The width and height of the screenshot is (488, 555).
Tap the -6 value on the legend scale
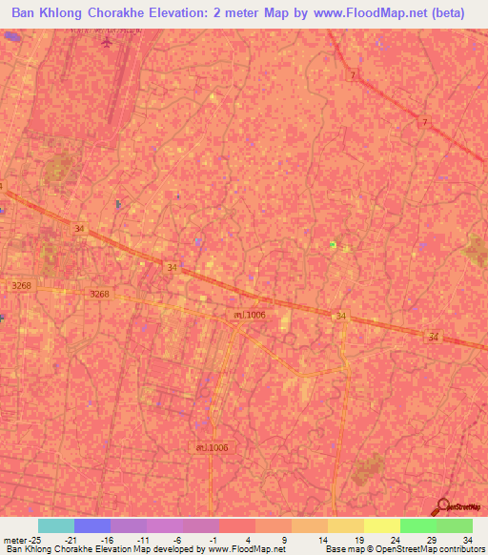pos(178,539)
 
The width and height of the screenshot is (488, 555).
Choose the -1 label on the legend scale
pos(214,539)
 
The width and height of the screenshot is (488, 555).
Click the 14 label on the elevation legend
pos(322,539)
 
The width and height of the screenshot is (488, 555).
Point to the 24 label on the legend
pos(395,539)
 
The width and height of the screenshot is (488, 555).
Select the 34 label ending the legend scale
pos(466,539)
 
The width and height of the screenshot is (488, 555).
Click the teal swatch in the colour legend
pos(56,525)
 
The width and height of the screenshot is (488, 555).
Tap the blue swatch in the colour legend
pos(92,525)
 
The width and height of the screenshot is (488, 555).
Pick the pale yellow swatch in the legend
pos(382,525)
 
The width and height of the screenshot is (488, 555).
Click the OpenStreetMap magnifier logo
pos(443,506)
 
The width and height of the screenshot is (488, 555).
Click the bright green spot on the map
pos(333,245)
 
